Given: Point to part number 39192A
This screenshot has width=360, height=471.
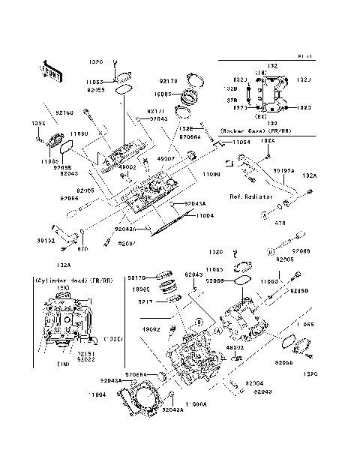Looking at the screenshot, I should click(x=283, y=170).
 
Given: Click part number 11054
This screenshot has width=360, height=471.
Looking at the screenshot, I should click(x=240, y=142).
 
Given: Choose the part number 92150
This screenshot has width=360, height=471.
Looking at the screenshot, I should click(x=299, y=289).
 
